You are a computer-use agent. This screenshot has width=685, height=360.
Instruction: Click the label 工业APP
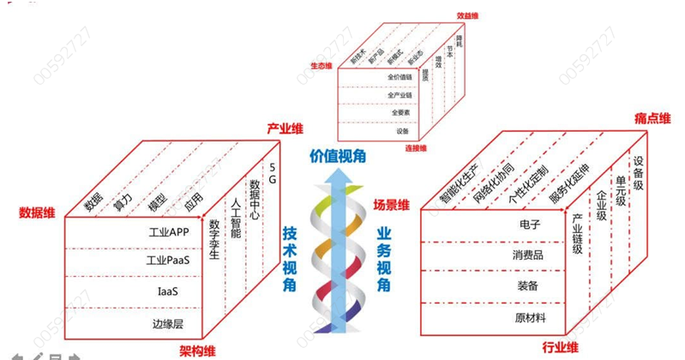pos(167,231)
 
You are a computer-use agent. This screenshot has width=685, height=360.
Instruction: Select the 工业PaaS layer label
pos(167,261)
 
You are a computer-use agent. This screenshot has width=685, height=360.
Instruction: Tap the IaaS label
pos(167,291)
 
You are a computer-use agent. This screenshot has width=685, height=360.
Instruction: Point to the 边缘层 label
pos(167,323)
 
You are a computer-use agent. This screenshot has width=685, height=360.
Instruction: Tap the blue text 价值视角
pos(337,156)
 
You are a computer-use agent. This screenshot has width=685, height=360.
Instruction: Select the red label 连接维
pos(417,148)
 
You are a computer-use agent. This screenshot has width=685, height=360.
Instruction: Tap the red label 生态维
pos(321,66)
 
